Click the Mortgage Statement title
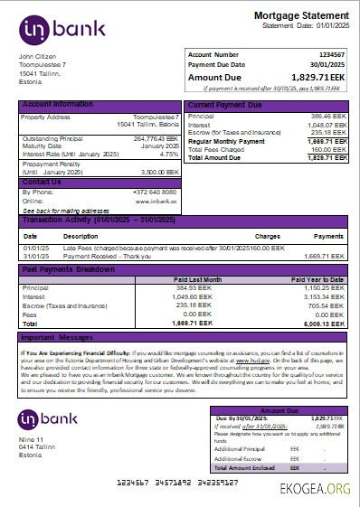tap(300, 16)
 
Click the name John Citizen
tap(37, 57)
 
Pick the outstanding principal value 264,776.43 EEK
tap(156, 138)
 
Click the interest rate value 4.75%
tap(168, 154)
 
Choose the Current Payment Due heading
tap(224, 105)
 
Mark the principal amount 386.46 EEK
tap(326, 117)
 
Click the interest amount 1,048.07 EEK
tap(324, 125)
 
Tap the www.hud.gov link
tap(237, 359)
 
